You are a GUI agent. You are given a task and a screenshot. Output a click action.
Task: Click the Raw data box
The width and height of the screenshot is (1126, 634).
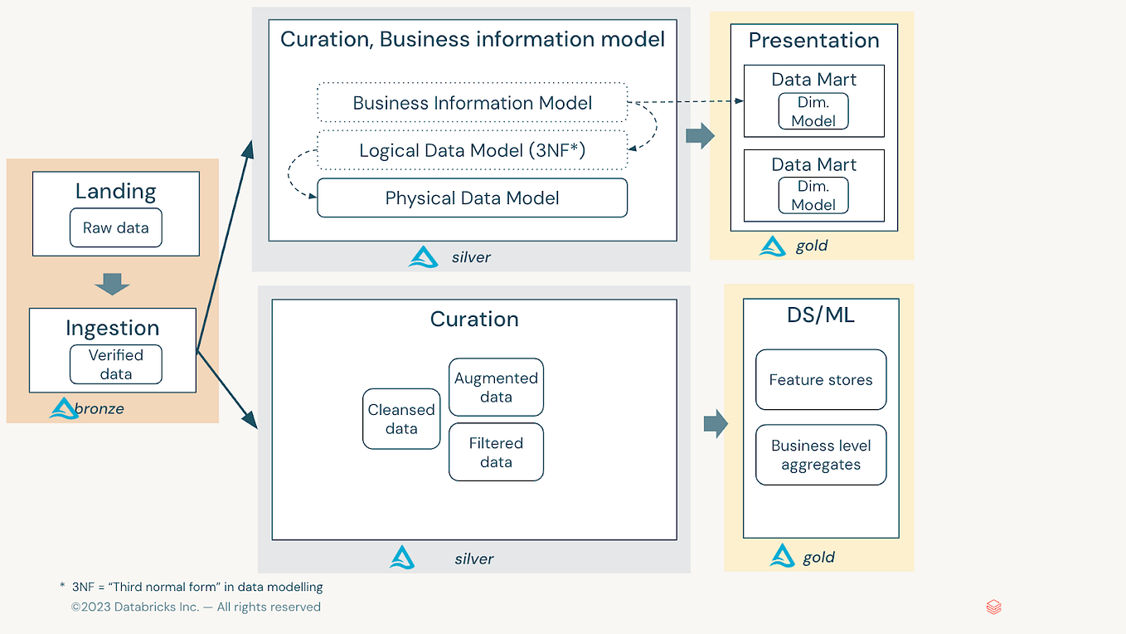pos(115,227)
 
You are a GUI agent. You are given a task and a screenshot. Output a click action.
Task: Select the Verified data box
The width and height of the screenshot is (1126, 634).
pos(115,364)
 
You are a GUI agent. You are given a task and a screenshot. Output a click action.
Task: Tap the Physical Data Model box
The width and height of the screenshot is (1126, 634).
pos(472,198)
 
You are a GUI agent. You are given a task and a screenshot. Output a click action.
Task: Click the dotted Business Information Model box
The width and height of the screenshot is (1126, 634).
pos(472,103)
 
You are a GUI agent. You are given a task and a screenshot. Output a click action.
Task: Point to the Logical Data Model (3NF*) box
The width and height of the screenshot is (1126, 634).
pos(472,150)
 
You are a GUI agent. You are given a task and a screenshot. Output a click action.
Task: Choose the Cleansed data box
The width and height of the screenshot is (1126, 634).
pos(401,418)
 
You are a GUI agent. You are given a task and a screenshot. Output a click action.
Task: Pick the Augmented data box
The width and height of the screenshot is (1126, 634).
pos(496,387)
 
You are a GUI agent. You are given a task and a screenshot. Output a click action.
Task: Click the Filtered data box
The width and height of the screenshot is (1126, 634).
pos(496,452)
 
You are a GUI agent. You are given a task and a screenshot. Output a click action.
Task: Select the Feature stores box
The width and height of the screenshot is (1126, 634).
pos(821,379)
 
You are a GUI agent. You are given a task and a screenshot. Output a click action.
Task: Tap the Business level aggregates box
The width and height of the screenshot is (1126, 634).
pos(821,455)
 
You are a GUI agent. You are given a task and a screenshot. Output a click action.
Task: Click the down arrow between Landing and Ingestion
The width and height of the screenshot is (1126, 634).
pos(112,285)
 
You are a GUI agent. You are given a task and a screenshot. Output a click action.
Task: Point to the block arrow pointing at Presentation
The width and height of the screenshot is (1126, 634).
pos(701,136)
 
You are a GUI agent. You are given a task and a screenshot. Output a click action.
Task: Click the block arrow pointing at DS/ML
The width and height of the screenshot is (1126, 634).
pos(716,424)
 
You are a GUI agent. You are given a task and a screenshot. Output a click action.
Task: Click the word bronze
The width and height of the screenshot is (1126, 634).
pos(99,408)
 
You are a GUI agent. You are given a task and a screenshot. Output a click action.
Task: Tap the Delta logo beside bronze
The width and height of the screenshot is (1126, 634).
pos(63,408)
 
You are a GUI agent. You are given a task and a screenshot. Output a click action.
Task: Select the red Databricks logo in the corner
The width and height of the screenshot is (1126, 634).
pos(994,607)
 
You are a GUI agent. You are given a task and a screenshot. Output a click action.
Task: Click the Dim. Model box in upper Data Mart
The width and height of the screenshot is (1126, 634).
pos(813,111)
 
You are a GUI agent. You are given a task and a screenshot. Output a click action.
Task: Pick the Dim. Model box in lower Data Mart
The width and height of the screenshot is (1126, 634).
pos(813,195)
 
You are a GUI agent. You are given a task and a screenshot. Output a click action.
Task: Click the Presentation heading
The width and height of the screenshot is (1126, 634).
pos(814,41)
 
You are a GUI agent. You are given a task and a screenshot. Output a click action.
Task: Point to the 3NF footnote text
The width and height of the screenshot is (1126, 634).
pos(192,587)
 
